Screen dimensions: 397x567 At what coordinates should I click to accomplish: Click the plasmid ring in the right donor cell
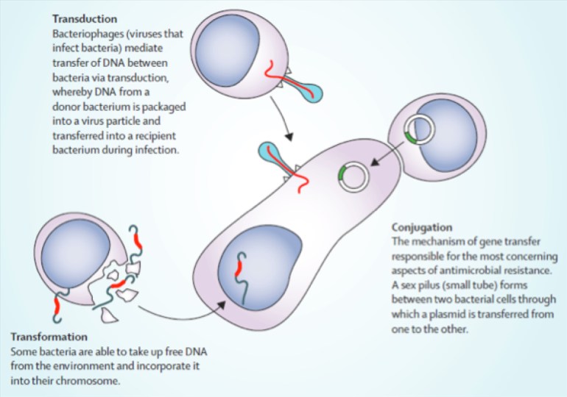421,129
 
